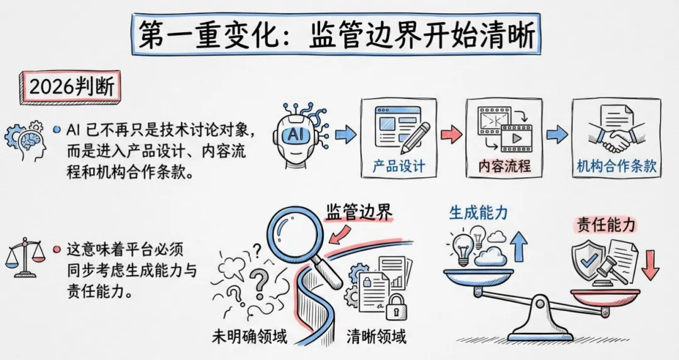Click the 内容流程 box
coord(504,137)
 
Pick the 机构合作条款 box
coord(616,137)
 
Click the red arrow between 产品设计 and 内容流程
coord(451,134)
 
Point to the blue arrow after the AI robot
coord(345,134)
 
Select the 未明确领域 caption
coord(250,336)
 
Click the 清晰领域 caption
coord(377,336)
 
